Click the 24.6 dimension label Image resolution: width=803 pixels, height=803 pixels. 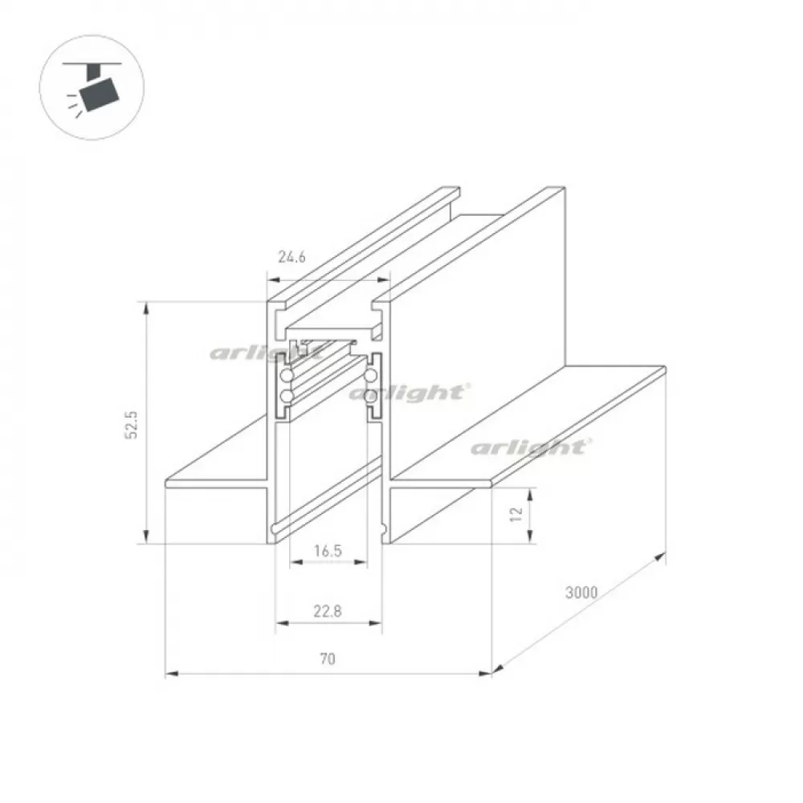pos(291,257)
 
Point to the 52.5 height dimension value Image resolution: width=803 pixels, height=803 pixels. pos(132,425)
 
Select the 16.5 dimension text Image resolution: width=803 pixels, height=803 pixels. pos(328,551)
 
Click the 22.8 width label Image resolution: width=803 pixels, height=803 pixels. pos(328,611)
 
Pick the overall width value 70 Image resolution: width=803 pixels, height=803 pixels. pos(328,658)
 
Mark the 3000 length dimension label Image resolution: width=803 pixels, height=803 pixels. pos(581,592)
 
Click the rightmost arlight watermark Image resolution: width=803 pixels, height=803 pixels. pos(531,447)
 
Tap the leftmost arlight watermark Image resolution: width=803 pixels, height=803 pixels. pos(267,353)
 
